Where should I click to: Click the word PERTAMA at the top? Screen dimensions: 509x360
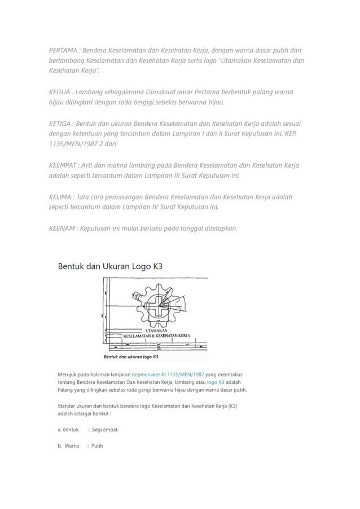click(x=63, y=50)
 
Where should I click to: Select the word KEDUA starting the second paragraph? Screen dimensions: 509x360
click(x=59, y=92)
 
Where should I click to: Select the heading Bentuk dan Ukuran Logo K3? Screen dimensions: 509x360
click(x=110, y=266)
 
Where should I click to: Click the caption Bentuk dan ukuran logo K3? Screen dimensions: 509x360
click(x=131, y=357)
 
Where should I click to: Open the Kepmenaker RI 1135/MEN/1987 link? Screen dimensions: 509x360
click(x=168, y=374)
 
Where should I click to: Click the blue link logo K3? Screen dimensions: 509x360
click(x=216, y=382)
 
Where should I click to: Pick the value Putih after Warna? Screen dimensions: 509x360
click(x=97, y=446)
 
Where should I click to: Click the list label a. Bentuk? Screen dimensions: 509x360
click(x=68, y=429)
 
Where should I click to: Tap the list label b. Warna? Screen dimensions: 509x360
click(x=68, y=446)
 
